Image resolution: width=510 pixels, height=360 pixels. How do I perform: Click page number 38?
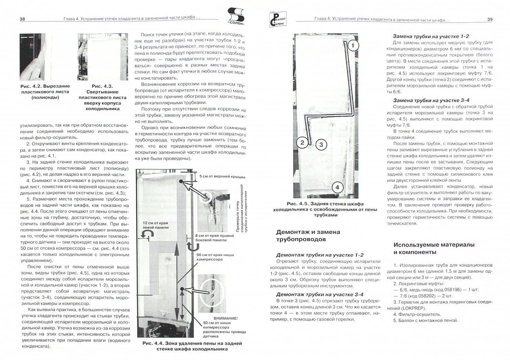22,19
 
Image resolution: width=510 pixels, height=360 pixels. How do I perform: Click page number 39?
490,20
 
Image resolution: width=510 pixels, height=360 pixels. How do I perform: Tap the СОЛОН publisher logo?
236,16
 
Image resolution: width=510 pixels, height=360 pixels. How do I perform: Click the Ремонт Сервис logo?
278,19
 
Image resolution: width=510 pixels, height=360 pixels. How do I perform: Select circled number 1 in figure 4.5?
353,45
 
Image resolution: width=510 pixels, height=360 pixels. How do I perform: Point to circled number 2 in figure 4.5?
302,143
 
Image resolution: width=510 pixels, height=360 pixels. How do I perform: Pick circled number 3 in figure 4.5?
321,145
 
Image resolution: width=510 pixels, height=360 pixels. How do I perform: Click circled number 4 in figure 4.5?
337,187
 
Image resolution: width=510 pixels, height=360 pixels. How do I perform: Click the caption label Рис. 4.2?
31,86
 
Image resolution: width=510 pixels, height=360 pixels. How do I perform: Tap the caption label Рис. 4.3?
103,86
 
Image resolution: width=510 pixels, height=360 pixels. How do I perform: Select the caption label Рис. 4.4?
153,343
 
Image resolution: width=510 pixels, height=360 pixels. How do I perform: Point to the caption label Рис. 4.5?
297,204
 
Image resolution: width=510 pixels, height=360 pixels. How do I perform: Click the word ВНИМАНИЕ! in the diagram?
226,318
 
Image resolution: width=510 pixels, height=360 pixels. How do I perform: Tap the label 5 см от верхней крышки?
222,177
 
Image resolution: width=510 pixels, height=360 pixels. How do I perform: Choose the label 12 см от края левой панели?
156,225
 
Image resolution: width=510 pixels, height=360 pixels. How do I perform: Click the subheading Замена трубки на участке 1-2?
431,37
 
